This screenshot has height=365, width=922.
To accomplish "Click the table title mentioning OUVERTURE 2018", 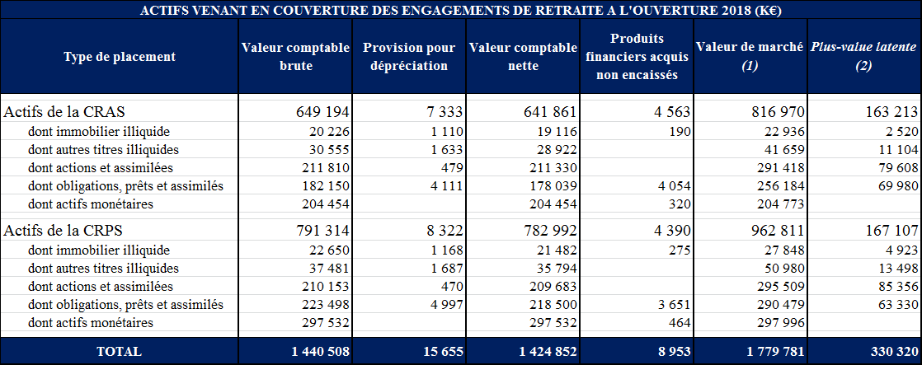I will point(461,11).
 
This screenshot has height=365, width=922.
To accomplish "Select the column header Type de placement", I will point(120,57).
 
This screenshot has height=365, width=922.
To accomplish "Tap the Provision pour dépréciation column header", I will point(410,57).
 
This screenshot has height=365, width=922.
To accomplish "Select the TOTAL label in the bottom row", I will point(120,351).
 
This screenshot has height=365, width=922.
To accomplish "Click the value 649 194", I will point(322,111).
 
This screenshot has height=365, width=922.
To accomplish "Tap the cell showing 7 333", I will point(442,111).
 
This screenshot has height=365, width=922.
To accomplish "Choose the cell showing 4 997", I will point(445,305).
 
